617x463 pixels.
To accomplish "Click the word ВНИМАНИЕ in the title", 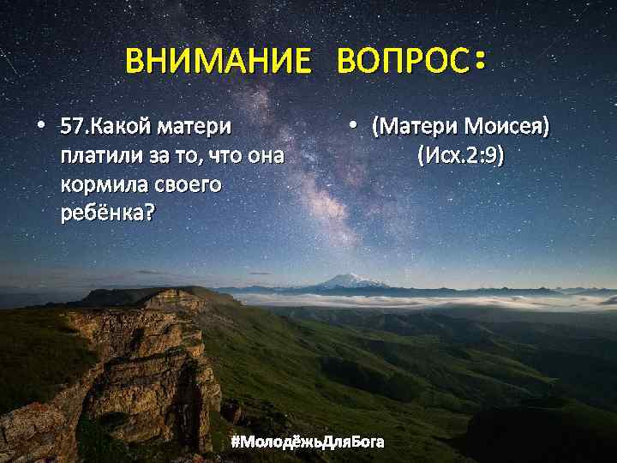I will click(218, 62).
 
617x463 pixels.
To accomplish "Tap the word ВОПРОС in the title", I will click(403, 62).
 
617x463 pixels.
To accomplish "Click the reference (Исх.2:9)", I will click(460, 156).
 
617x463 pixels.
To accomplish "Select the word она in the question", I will click(266, 157).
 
